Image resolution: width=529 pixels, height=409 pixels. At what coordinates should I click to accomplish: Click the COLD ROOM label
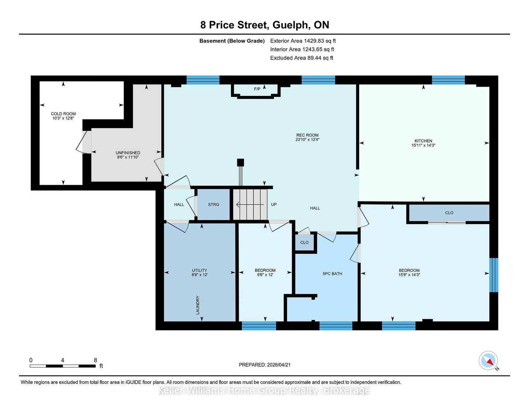tap(63, 114)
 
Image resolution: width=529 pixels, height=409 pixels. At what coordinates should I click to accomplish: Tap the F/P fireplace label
tap(257, 89)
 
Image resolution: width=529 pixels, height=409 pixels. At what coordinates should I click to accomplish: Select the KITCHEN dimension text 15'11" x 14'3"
tap(423, 145)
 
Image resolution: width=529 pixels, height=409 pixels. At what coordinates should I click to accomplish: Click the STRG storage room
tap(213, 205)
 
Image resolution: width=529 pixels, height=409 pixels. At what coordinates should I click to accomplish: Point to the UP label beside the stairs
tap(274, 205)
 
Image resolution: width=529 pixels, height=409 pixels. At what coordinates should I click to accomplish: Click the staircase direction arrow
tap(250, 205)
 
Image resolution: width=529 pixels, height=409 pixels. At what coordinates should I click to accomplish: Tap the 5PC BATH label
tap(332, 274)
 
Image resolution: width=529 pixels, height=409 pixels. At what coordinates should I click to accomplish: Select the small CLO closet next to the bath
tap(304, 243)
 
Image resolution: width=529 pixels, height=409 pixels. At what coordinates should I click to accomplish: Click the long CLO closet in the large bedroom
tap(449, 213)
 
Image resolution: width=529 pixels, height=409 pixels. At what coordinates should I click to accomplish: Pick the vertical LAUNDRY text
tap(198, 305)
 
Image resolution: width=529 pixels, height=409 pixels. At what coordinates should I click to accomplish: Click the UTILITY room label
tap(199, 270)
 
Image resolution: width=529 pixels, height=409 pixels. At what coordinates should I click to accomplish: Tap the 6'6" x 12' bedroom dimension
tap(265, 275)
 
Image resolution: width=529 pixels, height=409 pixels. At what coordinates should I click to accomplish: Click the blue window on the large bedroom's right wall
tap(493, 275)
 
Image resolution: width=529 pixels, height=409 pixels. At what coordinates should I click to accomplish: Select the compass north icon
tap(488, 360)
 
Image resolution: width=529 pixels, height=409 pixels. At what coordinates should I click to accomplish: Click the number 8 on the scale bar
tap(96, 360)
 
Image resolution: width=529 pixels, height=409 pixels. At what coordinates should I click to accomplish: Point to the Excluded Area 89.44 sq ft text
tap(302, 58)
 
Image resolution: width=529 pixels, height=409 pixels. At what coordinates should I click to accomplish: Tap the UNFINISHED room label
tap(128, 153)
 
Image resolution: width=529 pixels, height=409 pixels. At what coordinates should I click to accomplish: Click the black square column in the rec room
tap(240, 162)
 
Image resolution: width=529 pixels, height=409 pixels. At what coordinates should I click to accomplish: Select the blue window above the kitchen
tap(448, 80)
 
